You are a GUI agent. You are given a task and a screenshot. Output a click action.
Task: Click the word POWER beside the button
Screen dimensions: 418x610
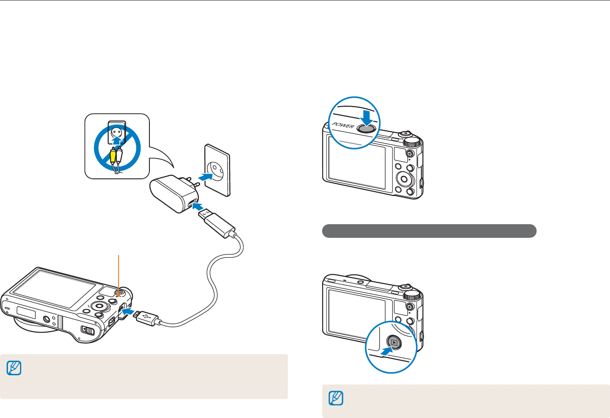tap(343, 126)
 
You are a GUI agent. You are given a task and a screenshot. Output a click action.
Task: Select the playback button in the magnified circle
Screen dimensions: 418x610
tap(394, 342)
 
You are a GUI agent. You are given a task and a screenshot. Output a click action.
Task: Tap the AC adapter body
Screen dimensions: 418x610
tap(170, 194)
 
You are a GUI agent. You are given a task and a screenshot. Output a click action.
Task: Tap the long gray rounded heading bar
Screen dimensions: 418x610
tap(429, 231)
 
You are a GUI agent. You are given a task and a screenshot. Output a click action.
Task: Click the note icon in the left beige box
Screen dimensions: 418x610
tap(14, 368)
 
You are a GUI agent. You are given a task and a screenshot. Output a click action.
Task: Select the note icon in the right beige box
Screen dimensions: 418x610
tap(336, 399)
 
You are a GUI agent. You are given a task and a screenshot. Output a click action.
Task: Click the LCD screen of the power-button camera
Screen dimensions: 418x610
tap(357, 163)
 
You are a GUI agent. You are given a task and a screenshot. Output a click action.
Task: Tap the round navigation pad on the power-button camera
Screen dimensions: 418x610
tap(404, 179)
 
